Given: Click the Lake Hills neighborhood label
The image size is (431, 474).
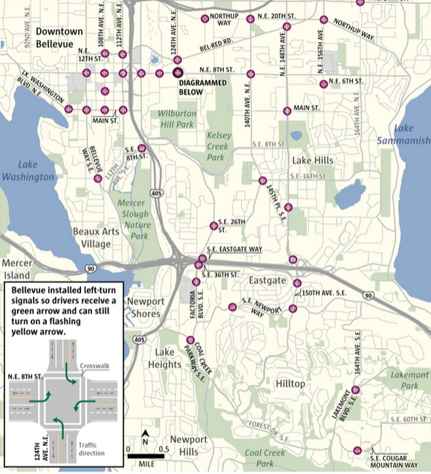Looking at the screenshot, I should (312, 160).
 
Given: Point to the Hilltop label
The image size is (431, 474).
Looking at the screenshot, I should (290, 383).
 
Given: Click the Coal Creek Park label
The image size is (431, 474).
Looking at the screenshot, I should (260, 457).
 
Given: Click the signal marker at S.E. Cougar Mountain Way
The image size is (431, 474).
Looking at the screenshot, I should (358, 450).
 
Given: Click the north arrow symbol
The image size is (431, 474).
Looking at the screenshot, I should (146, 436).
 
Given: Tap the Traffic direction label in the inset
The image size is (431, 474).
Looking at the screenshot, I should (91, 449).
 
